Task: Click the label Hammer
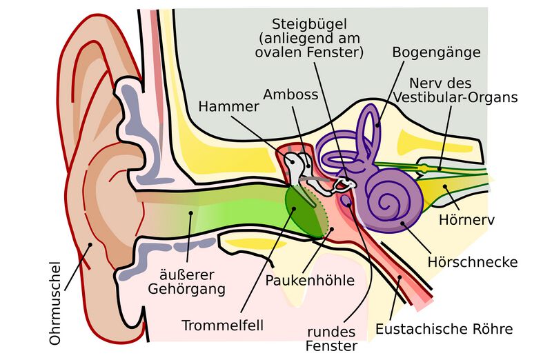228,106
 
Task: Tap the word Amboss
291,94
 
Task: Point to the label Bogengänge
436,52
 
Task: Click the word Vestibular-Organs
456,97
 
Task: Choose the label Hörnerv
468,221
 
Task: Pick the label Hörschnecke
472,262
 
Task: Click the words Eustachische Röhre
444,329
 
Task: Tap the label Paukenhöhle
310,281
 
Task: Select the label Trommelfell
223,324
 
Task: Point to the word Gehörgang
186,289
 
